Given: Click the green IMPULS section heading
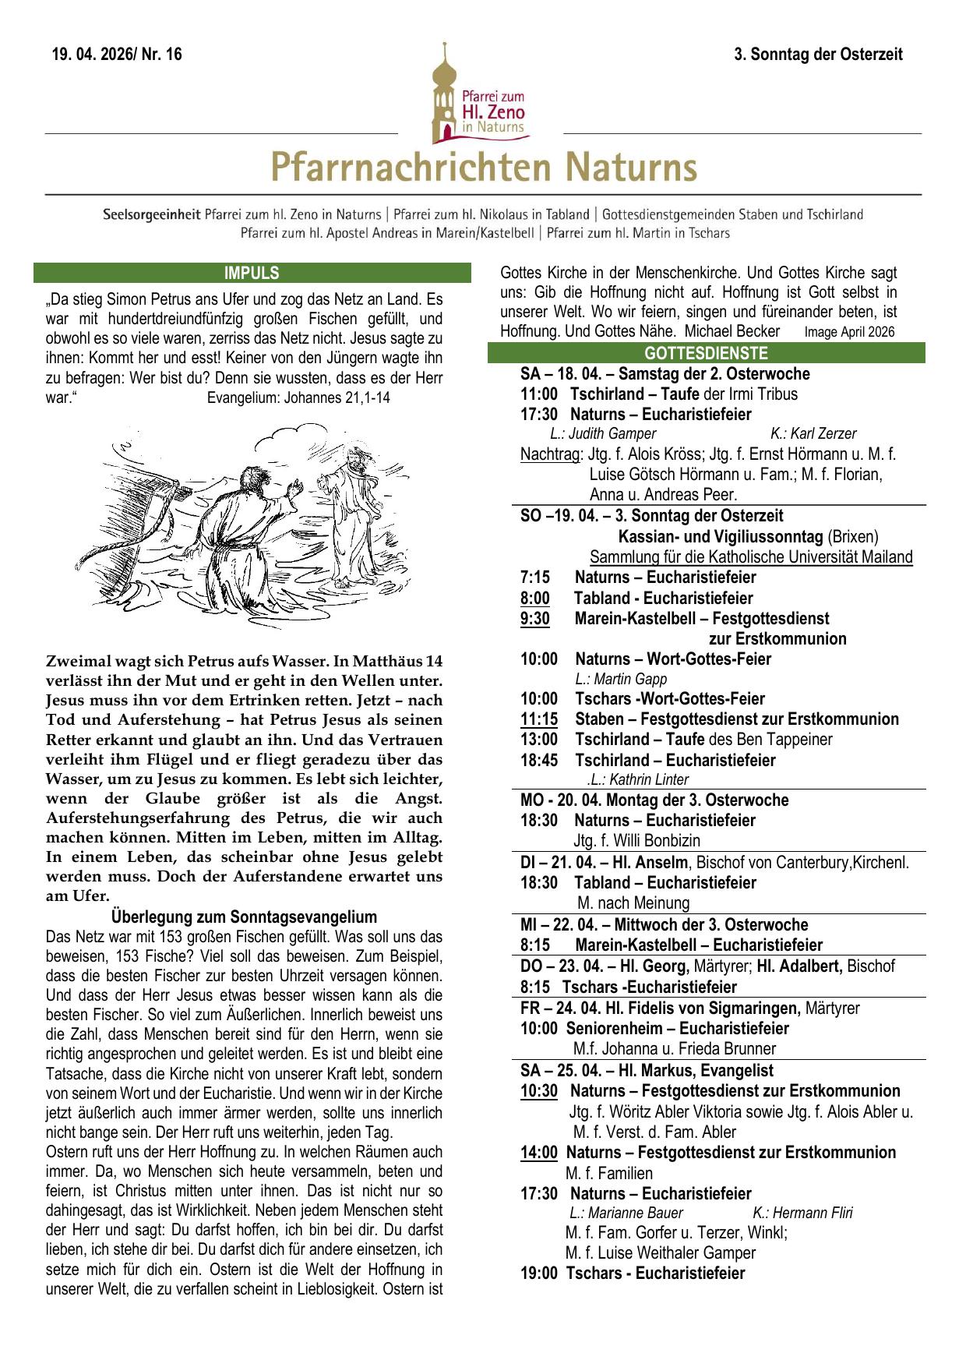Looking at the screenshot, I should tap(252, 273).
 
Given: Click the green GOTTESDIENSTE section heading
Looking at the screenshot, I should tap(706, 353).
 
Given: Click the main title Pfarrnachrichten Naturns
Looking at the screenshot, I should tap(483, 168).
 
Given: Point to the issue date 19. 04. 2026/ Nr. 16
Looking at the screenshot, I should tap(117, 55).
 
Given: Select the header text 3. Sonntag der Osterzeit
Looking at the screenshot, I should tap(818, 55).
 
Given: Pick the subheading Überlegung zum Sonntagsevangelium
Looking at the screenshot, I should tap(244, 917).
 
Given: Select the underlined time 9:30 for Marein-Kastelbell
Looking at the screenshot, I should tap(535, 619).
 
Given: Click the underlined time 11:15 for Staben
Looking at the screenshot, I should tap(539, 719).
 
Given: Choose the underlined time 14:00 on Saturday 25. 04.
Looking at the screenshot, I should tap(539, 1153).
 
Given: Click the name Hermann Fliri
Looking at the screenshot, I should tap(802, 1213).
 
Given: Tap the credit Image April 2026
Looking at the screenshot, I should tap(849, 332).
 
